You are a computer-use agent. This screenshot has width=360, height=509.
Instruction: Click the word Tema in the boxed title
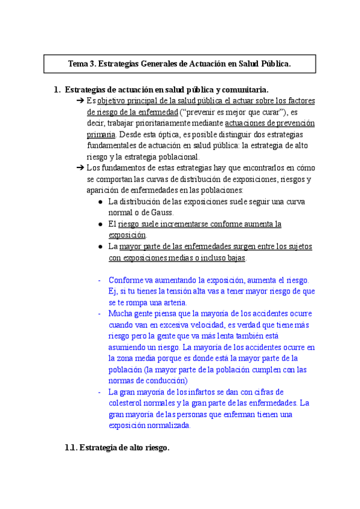tap(79, 63)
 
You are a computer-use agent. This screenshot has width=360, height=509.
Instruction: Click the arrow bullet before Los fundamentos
tap(80, 168)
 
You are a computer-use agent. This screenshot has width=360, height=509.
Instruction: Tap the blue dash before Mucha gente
tap(99, 313)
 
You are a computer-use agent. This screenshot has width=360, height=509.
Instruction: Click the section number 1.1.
tap(71, 448)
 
